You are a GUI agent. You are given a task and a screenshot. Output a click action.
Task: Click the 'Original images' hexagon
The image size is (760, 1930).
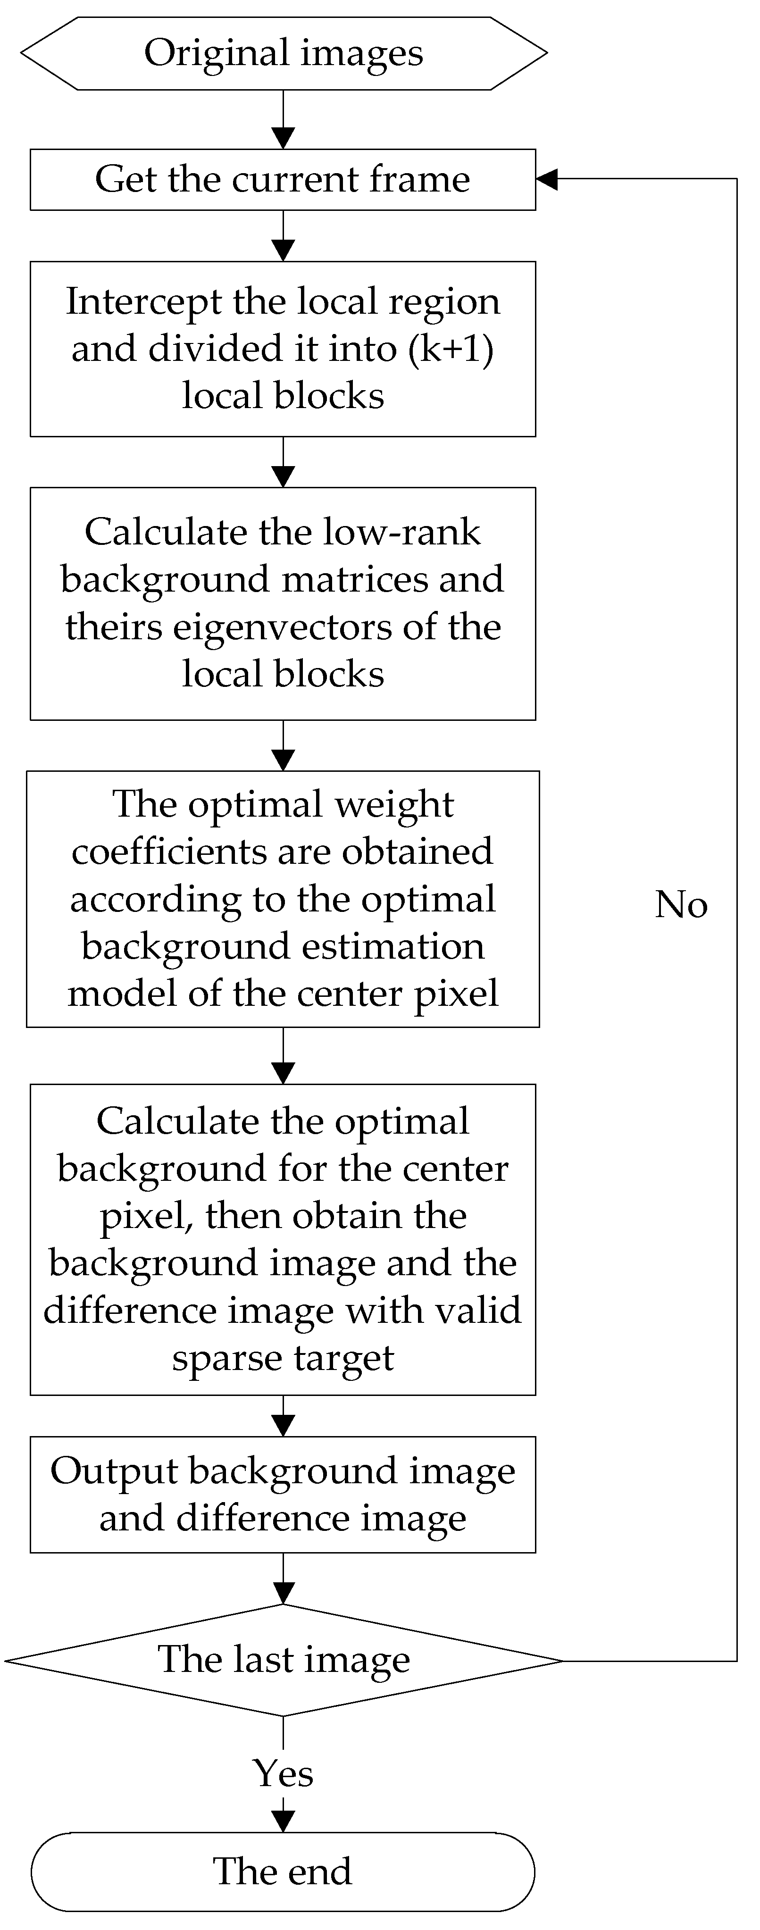(284, 53)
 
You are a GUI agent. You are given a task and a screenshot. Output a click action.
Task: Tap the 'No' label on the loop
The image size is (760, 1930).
(681, 904)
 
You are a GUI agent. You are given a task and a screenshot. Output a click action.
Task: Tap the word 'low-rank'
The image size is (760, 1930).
(402, 532)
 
